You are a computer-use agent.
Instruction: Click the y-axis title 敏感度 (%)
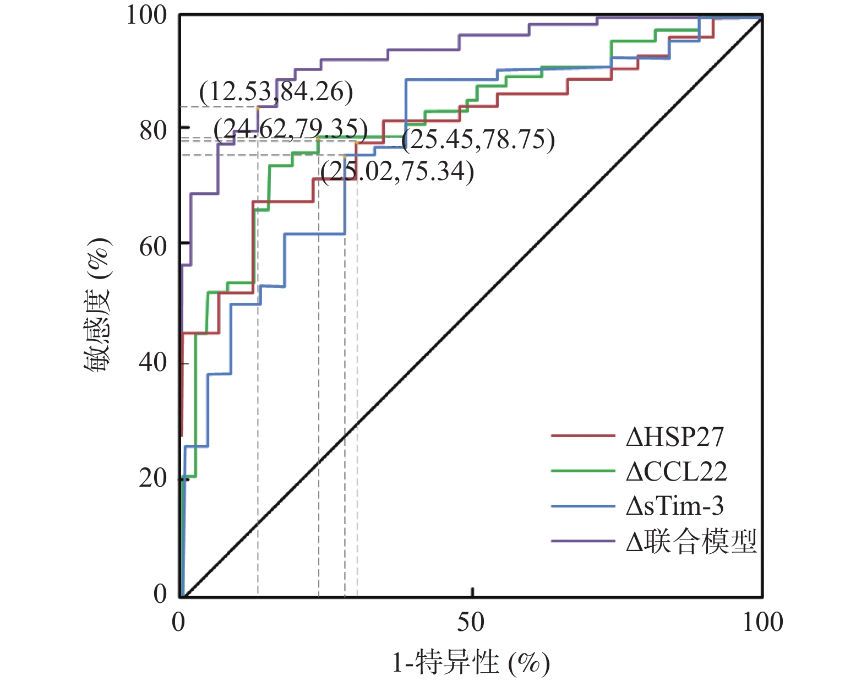click(97, 305)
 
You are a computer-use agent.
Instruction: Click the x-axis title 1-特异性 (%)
click(471, 662)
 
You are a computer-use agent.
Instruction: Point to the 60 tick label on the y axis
click(153, 247)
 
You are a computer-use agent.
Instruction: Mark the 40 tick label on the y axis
click(153, 362)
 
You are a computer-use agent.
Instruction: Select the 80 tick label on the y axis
click(153, 130)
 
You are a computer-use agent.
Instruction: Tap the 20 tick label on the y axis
click(153, 478)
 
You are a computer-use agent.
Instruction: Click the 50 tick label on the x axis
click(471, 622)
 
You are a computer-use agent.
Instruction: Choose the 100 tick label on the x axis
click(762, 622)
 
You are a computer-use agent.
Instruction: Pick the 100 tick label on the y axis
click(146, 15)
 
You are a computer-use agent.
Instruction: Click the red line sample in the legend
click(582, 435)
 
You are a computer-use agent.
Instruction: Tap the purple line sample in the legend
click(582, 541)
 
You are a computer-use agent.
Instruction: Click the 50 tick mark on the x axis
click(472, 592)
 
